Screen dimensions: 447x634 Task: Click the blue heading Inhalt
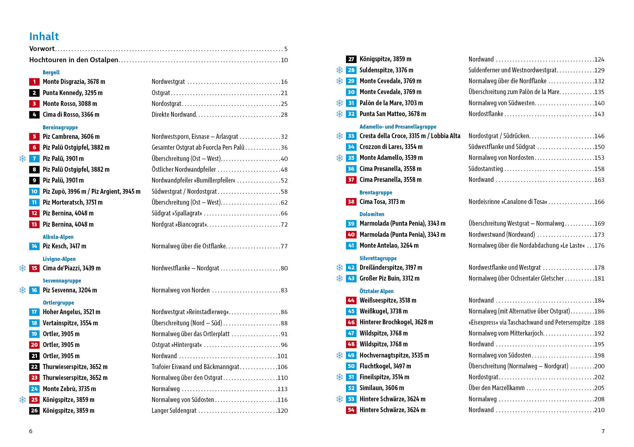tap(44, 37)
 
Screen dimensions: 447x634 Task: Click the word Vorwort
tap(42, 49)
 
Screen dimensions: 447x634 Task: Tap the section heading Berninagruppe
tap(60, 127)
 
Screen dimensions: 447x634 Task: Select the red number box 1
tap(34, 82)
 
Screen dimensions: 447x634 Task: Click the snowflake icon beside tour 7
tap(22, 159)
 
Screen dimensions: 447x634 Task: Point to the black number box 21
tap(34, 356)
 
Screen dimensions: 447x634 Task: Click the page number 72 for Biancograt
tap(284, 225)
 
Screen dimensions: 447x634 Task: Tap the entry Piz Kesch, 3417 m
tap(65, 246)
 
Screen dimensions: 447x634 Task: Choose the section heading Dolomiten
tap(372, 214)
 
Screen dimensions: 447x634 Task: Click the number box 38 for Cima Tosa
tap(351, 202)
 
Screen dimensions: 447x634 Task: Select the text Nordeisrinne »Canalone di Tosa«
tap(508, 202)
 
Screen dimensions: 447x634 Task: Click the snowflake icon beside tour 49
tap(339, 355)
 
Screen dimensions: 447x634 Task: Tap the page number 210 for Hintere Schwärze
tap(599, 410)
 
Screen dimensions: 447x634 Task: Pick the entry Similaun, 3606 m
tap(382, 388)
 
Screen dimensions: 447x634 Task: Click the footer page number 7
tap(603, 431)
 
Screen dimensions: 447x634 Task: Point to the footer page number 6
tap(31, 431)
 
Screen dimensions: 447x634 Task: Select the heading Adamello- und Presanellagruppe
tap(398, 127)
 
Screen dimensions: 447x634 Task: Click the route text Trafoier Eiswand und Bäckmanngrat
tap(196, 367)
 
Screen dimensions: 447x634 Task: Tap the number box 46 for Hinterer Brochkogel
tap(351, 322)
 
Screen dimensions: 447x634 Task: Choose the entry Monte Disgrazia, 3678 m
tap(74, 82)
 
